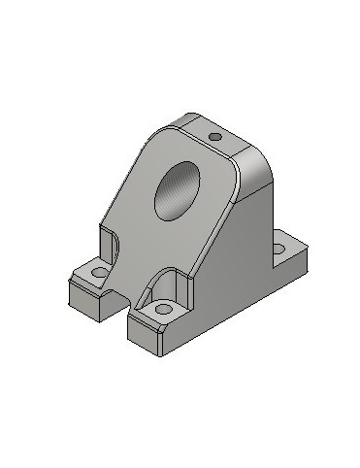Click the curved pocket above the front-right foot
[175, 283]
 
